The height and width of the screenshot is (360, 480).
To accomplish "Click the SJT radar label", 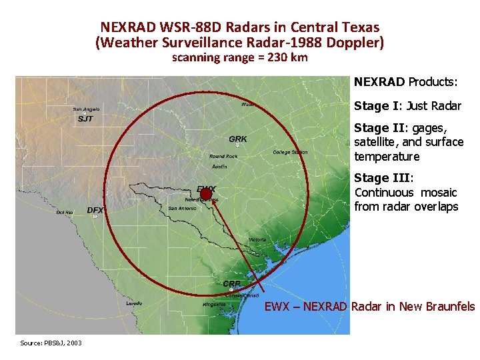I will [85, 119].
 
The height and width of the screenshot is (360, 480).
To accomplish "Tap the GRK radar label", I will [237, 139].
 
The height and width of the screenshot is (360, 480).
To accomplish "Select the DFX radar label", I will [95, 210].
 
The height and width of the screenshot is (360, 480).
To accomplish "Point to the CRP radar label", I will [232, 284].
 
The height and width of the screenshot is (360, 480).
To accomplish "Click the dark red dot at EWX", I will [206, 194].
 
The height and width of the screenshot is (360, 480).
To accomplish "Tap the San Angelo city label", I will [87, 109].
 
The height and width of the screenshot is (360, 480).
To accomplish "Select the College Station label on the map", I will [290, 152].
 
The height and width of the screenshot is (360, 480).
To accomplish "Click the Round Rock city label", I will [223, 156].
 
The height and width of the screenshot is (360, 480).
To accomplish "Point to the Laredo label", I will [134, 303].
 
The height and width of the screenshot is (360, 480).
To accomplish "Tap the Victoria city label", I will [257, 239].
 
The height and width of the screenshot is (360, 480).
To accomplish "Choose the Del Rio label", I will [65, 212].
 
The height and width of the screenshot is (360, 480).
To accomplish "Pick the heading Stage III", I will [383, 178].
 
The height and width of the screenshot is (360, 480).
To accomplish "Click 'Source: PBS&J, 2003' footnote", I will [51, 343].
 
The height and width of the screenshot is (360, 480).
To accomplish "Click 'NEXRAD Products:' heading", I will [405, 82].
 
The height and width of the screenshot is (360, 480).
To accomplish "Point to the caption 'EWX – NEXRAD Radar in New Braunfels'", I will [370, 307].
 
